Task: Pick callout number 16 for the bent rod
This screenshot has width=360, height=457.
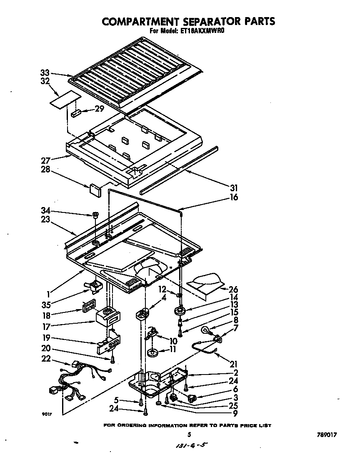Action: point(234,197)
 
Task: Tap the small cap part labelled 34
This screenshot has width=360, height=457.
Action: point(95,215)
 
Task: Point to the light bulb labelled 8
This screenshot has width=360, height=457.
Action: point(207,331)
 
